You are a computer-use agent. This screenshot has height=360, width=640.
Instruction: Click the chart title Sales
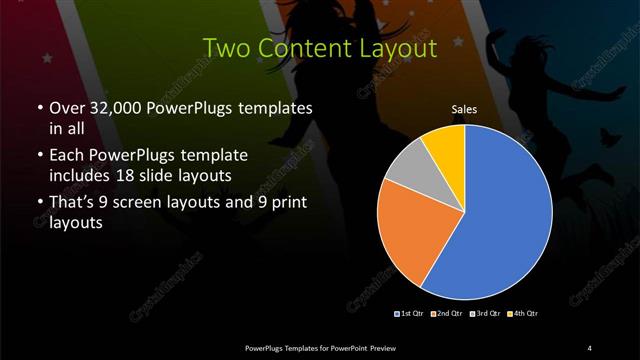tap(464, 108)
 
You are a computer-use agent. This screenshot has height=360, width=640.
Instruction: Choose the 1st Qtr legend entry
tap(411, 314)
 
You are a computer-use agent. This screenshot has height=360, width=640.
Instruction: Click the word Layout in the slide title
tap(397, 48)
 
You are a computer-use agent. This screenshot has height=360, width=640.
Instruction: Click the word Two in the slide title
tap(225, 48)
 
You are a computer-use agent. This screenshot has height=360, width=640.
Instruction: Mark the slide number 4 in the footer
tap(590, 347)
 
